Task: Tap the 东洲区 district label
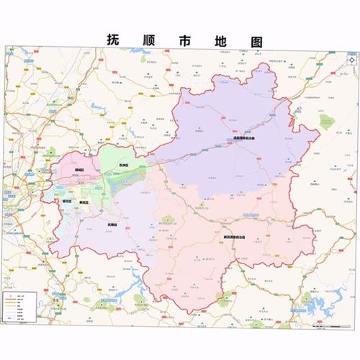click(x=114, y=166)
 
